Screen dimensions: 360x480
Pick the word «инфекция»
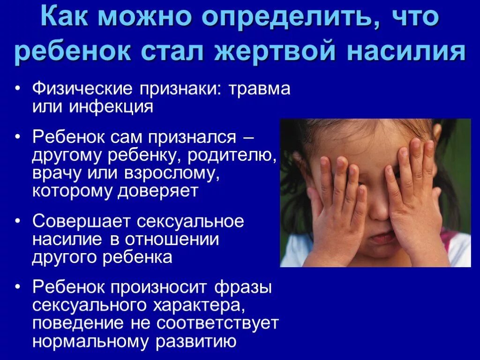pyautogui.click(x=112, y=107)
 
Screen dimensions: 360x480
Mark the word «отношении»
pyautogui.click(x=172, y=239)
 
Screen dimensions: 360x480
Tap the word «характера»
pyautogui.click(x=196, y=305)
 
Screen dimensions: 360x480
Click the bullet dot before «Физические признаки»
pyautogui.click(x=17, y=89)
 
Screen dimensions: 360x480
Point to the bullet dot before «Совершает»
pyautogui.click(x=17, y=221)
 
